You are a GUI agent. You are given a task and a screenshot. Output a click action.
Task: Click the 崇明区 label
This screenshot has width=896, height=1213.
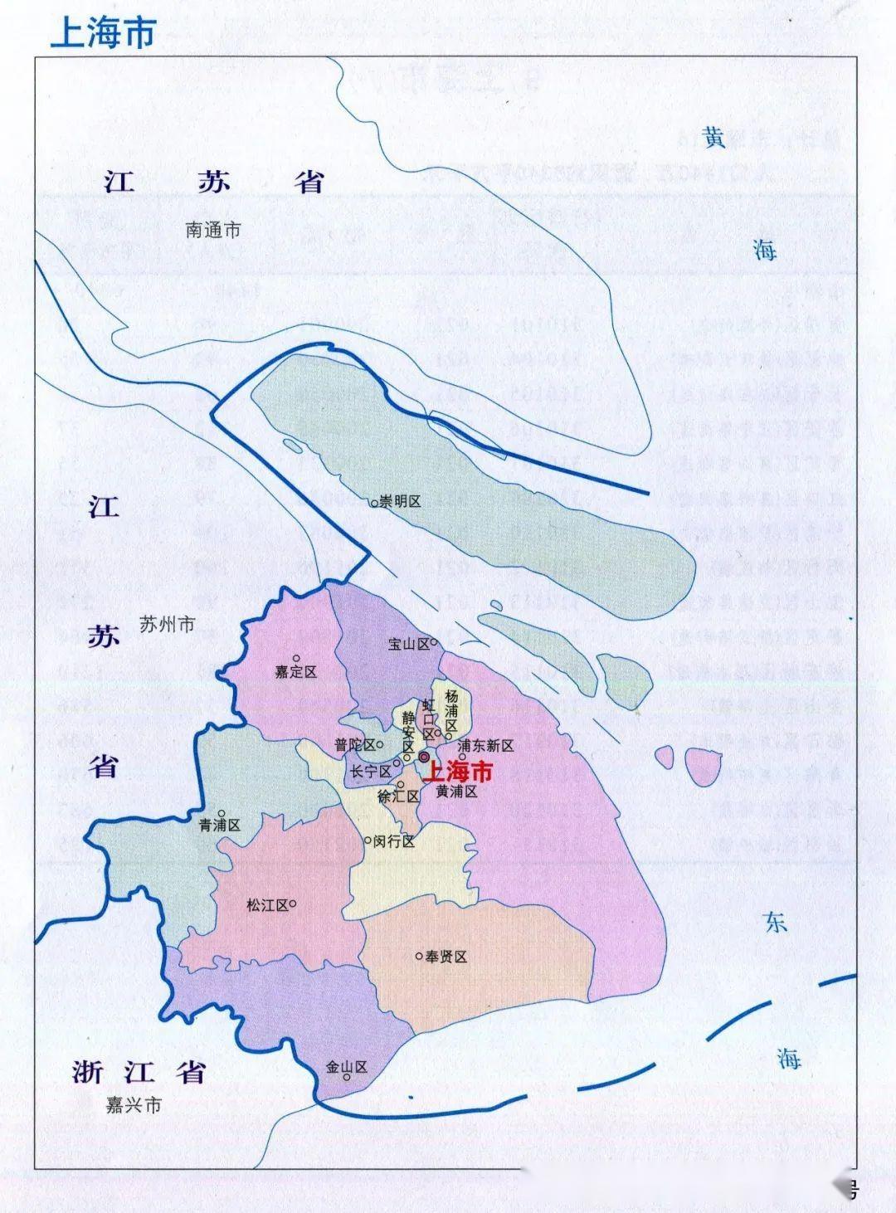point(401,502)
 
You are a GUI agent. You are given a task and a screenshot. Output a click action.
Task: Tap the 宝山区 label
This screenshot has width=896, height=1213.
point(409,644)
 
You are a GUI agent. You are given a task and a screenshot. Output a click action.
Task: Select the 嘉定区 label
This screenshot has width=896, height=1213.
point(296,672)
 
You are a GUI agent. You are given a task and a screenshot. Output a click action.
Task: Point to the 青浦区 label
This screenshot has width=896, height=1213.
point(219,826)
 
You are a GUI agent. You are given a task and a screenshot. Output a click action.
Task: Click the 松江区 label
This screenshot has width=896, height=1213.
point(267,905)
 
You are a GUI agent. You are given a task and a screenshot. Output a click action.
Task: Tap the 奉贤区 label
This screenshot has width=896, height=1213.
point(446,957)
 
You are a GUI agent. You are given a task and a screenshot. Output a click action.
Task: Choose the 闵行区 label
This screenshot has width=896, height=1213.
point(393,840)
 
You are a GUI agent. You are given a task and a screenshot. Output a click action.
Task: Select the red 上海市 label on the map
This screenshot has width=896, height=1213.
point(457,772)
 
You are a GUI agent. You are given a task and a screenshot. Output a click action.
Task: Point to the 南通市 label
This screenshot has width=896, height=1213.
point(213,230)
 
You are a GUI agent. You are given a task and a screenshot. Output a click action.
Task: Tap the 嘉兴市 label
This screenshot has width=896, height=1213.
point(134,1105)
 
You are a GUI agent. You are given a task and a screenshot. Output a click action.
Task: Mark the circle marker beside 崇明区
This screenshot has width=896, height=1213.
point(374,502)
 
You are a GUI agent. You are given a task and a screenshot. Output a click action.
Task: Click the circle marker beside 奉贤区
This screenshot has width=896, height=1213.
point(419,957)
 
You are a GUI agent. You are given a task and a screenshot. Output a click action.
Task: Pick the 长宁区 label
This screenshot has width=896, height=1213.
point(370,771)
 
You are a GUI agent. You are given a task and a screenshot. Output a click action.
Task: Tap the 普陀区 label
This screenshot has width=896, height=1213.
point(355,745)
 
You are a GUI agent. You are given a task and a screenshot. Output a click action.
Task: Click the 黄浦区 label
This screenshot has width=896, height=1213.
point(457,792)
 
